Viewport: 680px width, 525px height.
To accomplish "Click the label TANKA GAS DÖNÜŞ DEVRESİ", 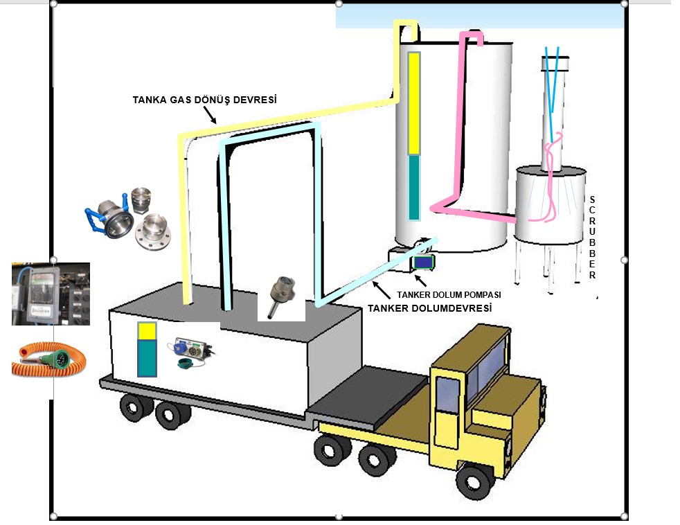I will click(x=204, y=100).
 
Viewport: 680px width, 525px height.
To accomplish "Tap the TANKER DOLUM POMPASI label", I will click(x=448, y=294).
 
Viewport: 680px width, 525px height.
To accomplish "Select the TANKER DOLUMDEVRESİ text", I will click(x=429, y=308).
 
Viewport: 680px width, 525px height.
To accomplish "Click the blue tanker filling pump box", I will click(x=422, y=262).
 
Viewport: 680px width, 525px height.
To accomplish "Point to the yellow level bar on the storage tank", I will click(x=414, y=104).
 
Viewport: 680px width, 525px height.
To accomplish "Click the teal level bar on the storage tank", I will click(x=414, y=187).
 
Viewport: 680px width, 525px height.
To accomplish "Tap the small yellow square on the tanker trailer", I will click(x=147, y=331).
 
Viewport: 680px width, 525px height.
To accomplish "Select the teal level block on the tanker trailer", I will click(x=147, y=358).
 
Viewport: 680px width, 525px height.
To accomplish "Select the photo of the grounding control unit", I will click(x=51, y=294).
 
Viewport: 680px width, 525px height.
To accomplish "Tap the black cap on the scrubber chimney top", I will click(x=556, y=57).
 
